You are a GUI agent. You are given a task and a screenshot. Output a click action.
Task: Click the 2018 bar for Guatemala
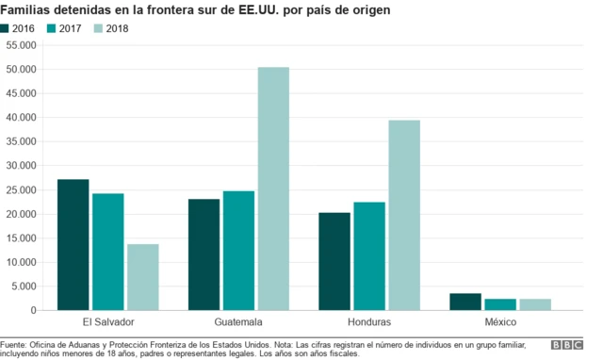click(x=273, y=188)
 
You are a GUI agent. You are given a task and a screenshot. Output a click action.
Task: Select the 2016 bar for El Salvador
click(x=73, y=244)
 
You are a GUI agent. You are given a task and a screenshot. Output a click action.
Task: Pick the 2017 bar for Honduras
click(x=369, y=255)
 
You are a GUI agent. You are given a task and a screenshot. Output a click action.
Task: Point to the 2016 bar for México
click(x=465, y=302)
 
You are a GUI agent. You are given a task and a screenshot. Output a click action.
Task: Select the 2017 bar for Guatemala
click(x=238, y=251)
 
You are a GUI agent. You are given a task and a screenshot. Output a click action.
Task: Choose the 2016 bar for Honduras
click(x=334, y=261)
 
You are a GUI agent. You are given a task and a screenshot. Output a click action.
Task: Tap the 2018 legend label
click(x=117, y=28)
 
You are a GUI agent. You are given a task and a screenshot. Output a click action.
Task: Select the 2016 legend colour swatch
click(x=7, y=28)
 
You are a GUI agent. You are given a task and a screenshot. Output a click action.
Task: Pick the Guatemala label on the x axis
click(x=238, y=322)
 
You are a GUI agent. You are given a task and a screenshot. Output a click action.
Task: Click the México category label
click(x=501, y=322)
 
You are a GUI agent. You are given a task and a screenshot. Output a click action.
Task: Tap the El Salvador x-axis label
click(x=108, y=322)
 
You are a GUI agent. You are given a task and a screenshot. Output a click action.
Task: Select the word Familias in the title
click(x=28, y=9)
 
